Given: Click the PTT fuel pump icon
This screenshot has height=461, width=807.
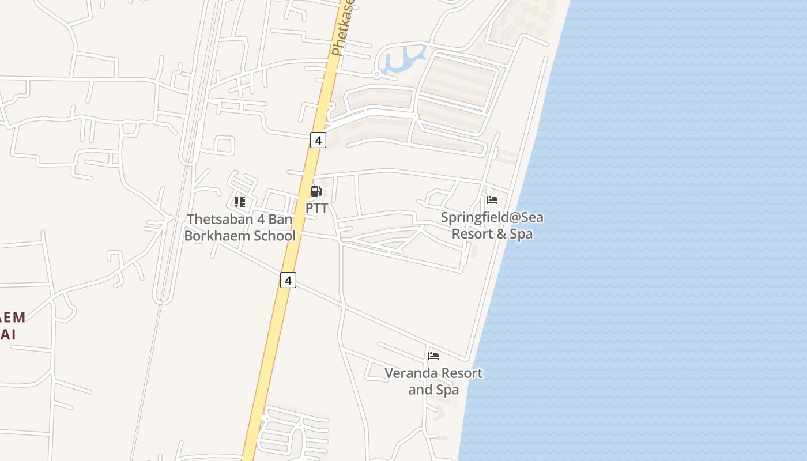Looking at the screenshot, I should coord(316,191).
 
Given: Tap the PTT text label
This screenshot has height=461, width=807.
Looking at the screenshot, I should coord(316,208).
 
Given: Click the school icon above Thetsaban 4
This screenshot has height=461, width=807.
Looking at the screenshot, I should coord(239,202).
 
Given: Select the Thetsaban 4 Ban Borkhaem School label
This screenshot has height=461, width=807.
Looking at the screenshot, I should coord(240,228).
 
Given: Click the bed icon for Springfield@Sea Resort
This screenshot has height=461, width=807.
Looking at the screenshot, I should coord(492,200).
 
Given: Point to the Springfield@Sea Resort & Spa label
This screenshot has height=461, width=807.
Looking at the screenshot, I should coord(492,226).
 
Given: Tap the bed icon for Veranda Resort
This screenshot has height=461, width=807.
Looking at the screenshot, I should coord(433,356).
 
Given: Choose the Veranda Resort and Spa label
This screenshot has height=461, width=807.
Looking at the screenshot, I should coord(433,381).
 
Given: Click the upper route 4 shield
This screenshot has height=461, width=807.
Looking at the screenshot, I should coord(318,139).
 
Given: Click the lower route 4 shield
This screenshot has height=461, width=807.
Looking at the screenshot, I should coord(288,280).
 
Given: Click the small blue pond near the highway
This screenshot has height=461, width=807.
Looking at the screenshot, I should coord(402,59).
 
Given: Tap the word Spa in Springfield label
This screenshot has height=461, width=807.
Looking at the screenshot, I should coord(521,234).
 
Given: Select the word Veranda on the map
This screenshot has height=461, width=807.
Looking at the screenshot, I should coord(409,373).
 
